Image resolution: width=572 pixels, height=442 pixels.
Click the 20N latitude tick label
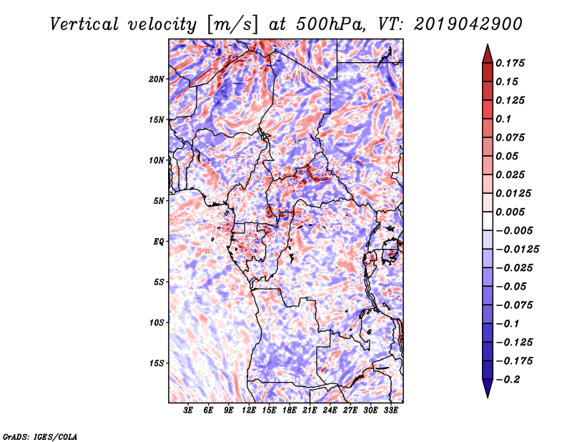(x=157, y=79)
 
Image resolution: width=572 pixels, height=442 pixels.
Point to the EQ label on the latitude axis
(x=159, y=242)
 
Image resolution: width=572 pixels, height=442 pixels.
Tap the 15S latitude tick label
(x=157, y=363)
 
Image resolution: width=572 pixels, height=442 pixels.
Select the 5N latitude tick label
(x=159, y=201)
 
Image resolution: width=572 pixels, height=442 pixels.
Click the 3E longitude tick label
(x=188, y=411)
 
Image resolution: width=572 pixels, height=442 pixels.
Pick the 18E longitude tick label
(x=290, y=411)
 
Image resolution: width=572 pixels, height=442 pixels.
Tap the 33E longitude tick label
(x=390, y=411)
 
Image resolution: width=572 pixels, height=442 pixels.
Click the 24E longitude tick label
(x=330, y=411)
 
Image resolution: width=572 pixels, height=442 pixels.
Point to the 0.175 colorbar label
(x=510, y=63)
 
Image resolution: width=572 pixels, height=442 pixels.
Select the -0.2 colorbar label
(x=508, y=380)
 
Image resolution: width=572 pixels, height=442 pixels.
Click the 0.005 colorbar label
(x=510, y=212)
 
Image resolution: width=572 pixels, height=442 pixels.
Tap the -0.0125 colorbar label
(x=517, y=250)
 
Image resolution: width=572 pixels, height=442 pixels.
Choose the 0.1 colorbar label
(x=503, y=119)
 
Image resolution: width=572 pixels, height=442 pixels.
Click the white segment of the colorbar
(x=488, y=221)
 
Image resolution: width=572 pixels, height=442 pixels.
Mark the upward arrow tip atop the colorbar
(x=488, y=45)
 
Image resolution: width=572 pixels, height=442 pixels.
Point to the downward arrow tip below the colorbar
(x=488, y=397)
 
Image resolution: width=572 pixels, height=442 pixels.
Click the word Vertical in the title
(x=84, y=24)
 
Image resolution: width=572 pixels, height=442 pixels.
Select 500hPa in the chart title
(x=330, y=24)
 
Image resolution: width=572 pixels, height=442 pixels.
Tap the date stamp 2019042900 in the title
(x=468, y=24)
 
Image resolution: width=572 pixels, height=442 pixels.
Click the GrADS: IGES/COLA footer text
(x=40, y=437)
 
